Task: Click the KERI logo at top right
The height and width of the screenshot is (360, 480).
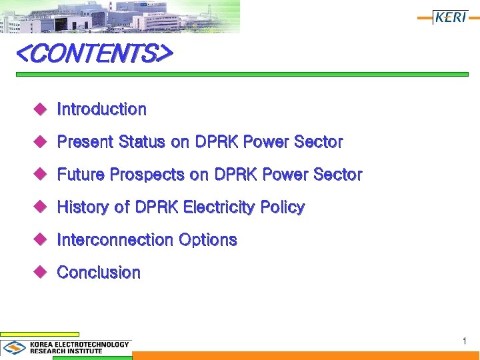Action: pyautogui.click(x=450, y=17)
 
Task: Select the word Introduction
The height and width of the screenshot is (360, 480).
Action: pyautogui.click(x=101, y=109)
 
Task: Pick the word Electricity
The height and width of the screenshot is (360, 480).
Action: pyautogui.click(x=201, y=207)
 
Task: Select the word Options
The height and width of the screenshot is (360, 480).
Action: pyautogui.click(x=207, y=240)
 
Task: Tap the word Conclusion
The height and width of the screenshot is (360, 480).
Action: pyautogui.click(x=99, y=273)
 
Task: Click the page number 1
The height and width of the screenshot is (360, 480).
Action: pyautogui.click(x=464, y=341)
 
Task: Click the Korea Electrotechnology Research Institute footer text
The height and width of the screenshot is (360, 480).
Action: pyautogui.click(x=79, y=347)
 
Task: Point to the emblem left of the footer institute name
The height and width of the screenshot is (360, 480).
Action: pyautogui.click(x=14, y=347)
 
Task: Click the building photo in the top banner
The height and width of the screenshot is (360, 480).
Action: pyautogui.click(x=120, y=17)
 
